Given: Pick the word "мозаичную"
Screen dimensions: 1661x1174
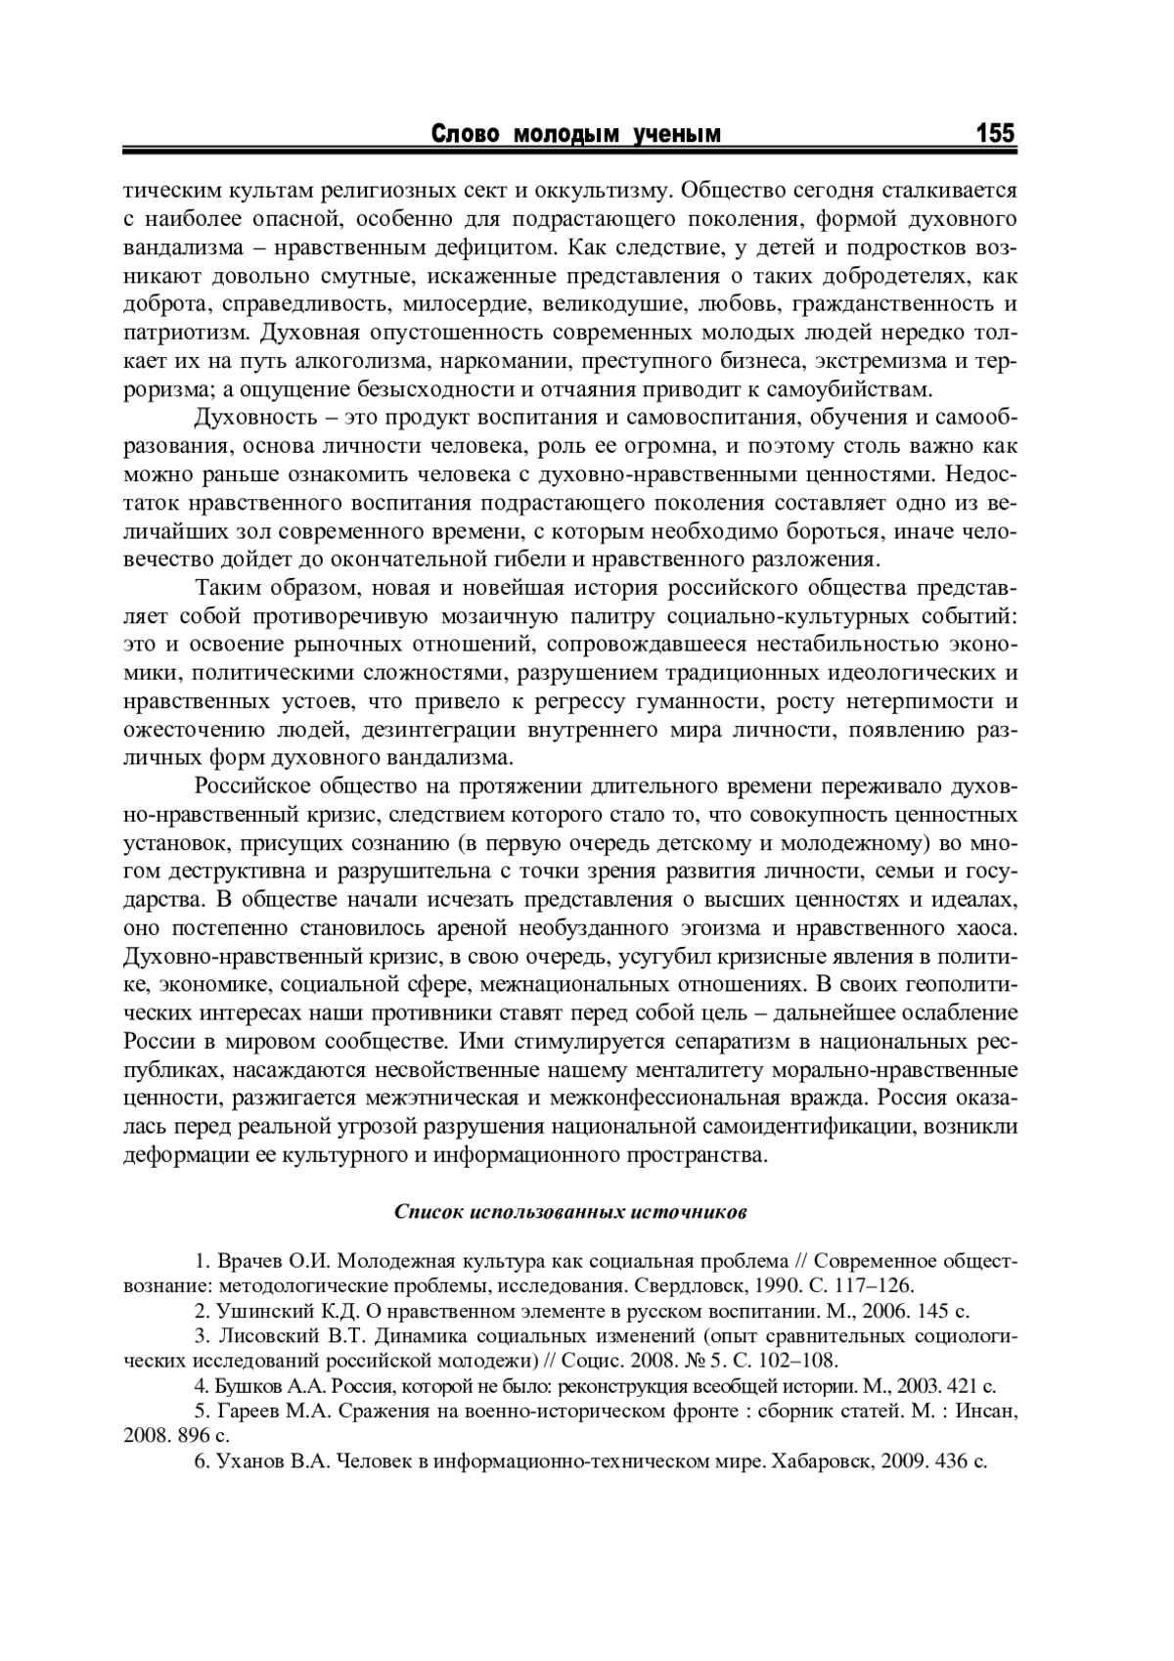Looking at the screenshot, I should [498, 617].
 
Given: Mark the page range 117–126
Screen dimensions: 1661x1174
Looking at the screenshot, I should [872, 1285].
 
